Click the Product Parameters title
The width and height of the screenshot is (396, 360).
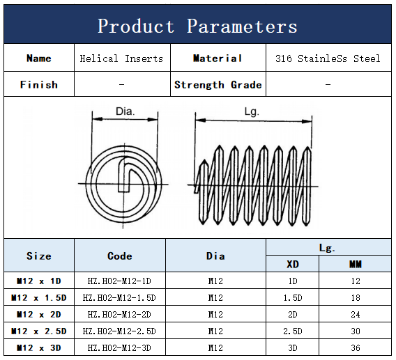click(x=197, y=26)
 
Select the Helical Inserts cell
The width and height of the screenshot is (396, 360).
click(x=121, y=58)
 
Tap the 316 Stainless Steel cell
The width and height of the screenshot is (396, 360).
click(x=328, y=58)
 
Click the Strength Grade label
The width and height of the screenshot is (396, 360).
click(x=218, y=85)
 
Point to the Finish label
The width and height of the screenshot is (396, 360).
click(x=39, y=85)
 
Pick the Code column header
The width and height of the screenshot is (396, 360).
click(x=120, y=256)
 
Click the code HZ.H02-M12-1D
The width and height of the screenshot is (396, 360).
click(x=119, y=281)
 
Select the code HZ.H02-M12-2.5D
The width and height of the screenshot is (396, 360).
click(x=119, y=331)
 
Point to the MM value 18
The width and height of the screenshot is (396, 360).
click(x=355, y=298)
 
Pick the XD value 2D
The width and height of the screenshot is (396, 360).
click(x=293, y=315)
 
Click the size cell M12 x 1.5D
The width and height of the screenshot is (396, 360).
click(x=39, y=298)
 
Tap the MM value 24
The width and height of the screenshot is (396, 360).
click(x=355, y=315)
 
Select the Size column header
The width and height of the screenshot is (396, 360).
click(x=39, y=256)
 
